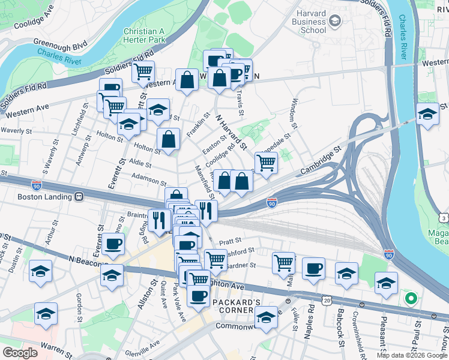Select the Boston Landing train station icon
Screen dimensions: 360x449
tap(79, 196)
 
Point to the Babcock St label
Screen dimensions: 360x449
tap(339, 329)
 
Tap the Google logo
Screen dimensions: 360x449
tap(20, 353)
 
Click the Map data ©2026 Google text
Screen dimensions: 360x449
tap(412, 355)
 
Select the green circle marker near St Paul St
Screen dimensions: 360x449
tap(411, 297)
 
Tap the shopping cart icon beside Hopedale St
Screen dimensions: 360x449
tap(265, 162)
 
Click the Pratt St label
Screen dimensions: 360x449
tap(234, 239)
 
